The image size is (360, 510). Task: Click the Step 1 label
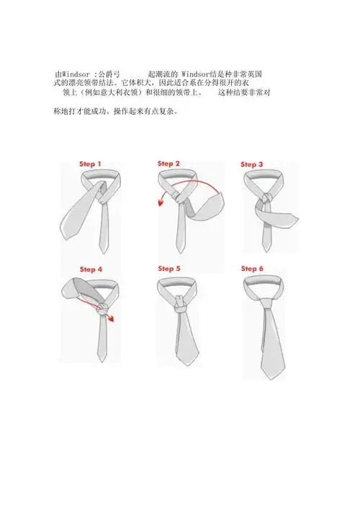click(x=90, y=165)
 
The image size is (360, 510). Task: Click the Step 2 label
click(x=169, y=164)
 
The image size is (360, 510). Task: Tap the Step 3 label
click(x=251, y=164)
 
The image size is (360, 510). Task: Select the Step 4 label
click(x=90, y=269)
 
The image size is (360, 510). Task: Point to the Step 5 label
click(x=169, y=269)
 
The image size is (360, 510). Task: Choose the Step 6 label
click(x=251, y=269)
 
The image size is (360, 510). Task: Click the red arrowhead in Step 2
click(x=161, y=204)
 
